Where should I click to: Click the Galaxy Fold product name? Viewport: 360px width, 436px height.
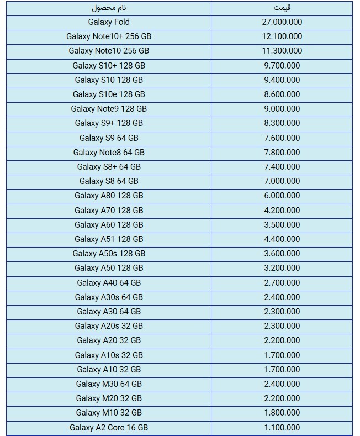click(x=109, y=22)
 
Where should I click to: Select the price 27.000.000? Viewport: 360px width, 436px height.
click(x=282, y=22)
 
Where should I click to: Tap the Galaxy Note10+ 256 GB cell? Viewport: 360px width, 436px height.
click(x=109, y=36)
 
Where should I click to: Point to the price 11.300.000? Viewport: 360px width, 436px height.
click(x=282, y=51)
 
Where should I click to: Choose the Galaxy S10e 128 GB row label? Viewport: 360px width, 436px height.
click(x=109, y=94)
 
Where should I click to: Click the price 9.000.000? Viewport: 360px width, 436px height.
click(x=282, y=109)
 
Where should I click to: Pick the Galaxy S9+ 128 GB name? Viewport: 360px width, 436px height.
click(x=109, y=123)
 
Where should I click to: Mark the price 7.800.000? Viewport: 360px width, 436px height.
click(x=282, y=152)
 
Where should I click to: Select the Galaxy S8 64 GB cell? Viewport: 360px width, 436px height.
click(x=109, y=181)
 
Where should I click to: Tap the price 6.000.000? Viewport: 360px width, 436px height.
click(x=282, y=196)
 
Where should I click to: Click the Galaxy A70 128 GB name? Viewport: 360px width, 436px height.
click(x=109, y=210)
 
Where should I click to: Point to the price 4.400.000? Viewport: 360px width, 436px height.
click(x=282, y=239)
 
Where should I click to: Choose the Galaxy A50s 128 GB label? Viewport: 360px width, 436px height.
click(x=109, y=253)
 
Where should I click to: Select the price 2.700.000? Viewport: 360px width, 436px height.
click(x=282, y=282)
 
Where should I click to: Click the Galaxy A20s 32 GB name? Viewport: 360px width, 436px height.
click(x=109, y=326)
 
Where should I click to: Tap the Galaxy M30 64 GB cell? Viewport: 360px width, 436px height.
click(x=109, y=384)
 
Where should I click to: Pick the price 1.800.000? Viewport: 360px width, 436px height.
click(x=282, y=413)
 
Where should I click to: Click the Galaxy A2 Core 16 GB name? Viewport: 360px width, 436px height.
click(x=109, y=427)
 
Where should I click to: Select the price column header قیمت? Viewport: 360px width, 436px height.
click(x=282, y=8)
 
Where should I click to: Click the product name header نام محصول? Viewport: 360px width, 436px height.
click(x=109, y=8)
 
